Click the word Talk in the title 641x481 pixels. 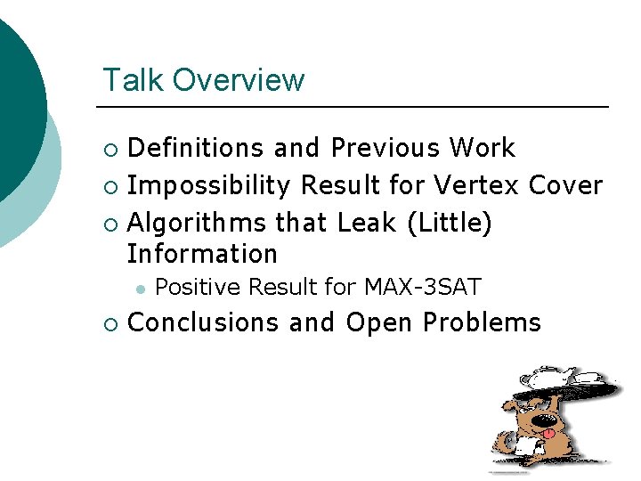click(134, 80)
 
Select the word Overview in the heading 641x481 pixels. click(239, 80)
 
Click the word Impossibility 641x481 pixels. click(209, 185)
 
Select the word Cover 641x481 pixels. click(566, 185)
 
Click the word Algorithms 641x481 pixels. click(197, 223)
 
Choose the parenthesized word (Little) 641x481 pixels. click(449, 223)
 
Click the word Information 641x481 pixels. click(202, 254)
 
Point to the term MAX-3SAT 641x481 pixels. click(423, 287)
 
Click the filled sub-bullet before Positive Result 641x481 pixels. click(140, 288)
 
